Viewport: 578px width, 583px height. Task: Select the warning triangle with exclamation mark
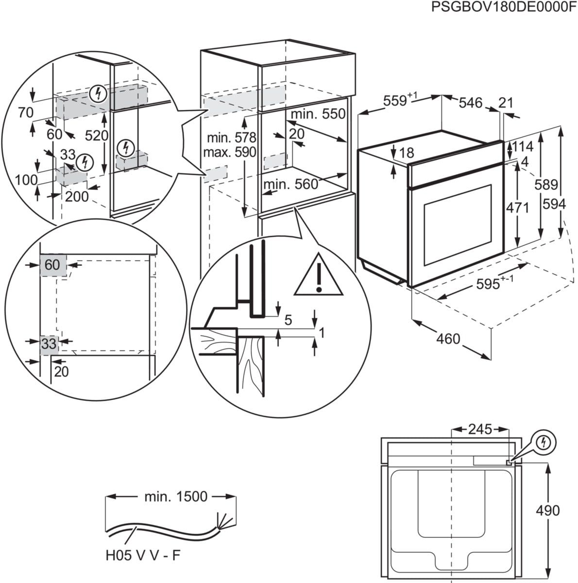pos(318,276)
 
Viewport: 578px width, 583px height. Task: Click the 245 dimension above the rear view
pos(479,429)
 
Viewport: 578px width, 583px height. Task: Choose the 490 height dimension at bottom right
pos(547,511)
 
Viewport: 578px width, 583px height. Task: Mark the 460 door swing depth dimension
pos(448,338)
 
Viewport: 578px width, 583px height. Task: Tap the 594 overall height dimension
pos(554,204)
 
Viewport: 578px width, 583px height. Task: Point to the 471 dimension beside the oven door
pos(518,207)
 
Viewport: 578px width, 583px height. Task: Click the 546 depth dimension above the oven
pos(470,103)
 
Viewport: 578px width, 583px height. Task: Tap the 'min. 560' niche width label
pos(290,184)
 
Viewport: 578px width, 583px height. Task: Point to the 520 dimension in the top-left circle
pos(97,136)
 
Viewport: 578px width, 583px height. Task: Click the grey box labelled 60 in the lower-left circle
pos(52,265)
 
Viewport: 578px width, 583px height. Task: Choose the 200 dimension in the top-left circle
pos(77,196)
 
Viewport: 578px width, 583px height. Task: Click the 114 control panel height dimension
pos(522,146)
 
